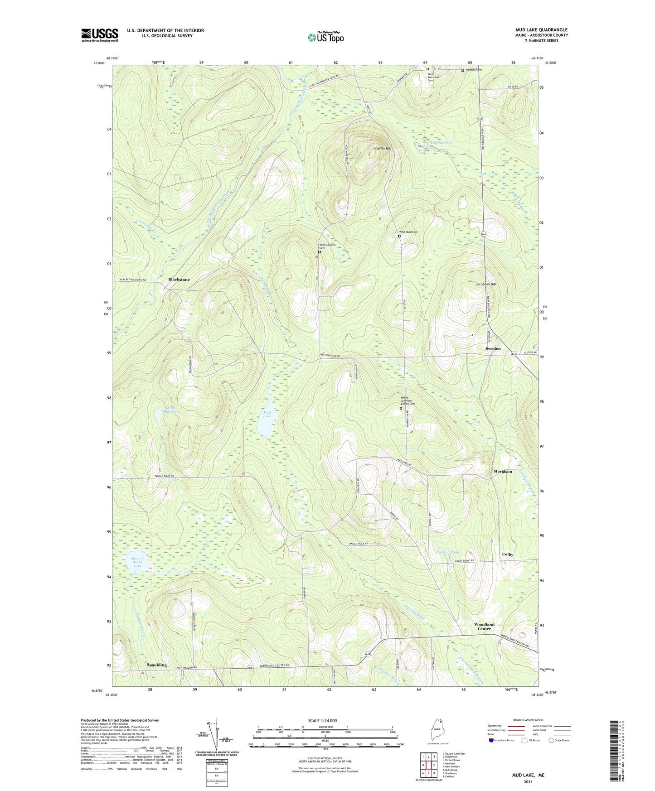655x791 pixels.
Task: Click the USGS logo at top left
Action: [x=100, y=35]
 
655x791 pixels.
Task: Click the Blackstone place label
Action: [x=179, y=280]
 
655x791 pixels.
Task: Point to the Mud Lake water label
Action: [x=267, y=414]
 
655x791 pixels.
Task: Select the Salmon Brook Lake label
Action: [x=137, y=562]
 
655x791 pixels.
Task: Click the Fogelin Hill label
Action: [x=382, y=148]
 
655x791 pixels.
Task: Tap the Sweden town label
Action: [x=493, y=348]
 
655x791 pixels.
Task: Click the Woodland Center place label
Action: [x=484, y=627]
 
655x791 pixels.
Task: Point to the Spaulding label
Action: [x=156, y=665]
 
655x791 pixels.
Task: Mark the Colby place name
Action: [x=508, y=555]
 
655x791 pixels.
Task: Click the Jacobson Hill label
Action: [x=486, y=284]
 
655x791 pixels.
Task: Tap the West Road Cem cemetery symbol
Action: [x=399, y=236]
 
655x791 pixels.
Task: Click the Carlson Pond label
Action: [x=448, y=552]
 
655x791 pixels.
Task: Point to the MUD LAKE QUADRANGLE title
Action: [x=541, y=30]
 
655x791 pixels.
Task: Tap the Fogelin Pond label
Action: [x=441, y=143]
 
